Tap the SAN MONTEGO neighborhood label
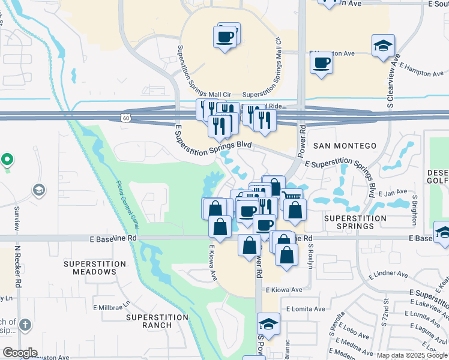345,146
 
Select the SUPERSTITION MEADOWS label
95,268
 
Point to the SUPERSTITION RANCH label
149,320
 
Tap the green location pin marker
7,160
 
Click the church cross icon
25,325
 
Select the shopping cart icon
291,196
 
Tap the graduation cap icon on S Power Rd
268,325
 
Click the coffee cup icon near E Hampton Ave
322,62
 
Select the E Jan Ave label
394,193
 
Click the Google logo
20,353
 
